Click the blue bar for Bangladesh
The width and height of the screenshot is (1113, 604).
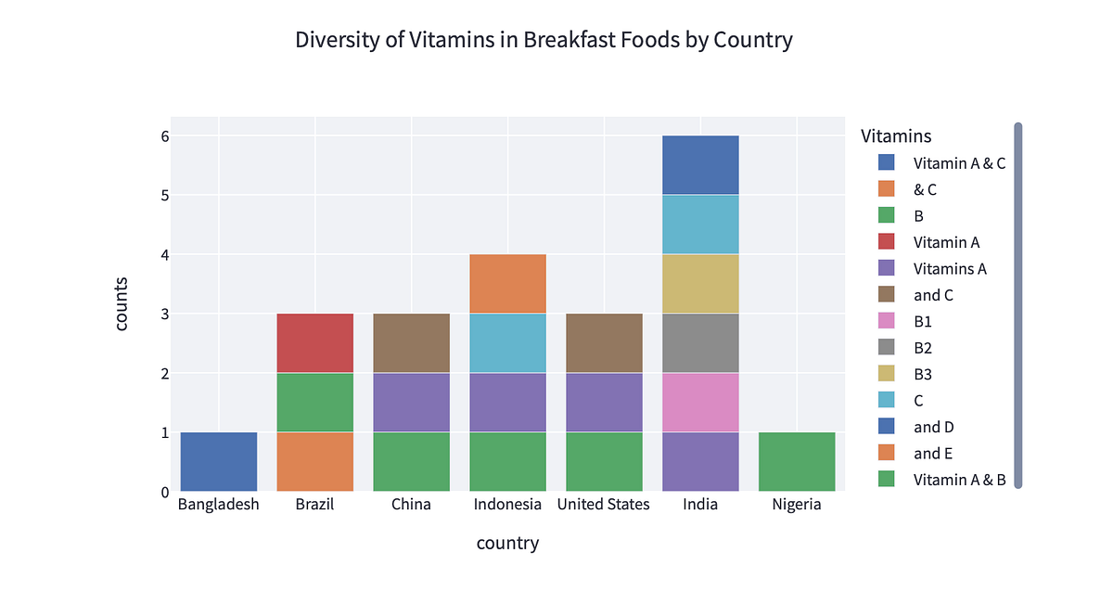[218, 462]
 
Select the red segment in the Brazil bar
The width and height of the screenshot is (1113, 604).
[314, 343]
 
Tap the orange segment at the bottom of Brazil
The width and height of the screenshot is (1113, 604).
[314, 462]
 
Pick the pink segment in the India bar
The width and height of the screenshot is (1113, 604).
[700, 403]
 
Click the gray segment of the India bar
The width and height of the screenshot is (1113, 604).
[700, 343]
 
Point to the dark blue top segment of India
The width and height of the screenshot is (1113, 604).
[700, 165]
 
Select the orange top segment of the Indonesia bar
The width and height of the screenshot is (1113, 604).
[507, 284]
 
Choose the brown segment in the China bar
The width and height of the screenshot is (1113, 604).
[411, 343]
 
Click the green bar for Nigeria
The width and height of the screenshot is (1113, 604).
[797, 462]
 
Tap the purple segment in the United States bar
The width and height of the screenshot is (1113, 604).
[604, 403]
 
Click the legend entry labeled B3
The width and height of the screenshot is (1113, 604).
[923, 374]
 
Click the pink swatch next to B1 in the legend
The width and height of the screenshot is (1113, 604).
[887, 321]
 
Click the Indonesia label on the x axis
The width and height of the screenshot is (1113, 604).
[507, 505]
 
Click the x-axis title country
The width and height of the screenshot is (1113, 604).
[507, 543]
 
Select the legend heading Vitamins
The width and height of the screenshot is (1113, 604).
[896, 135]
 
